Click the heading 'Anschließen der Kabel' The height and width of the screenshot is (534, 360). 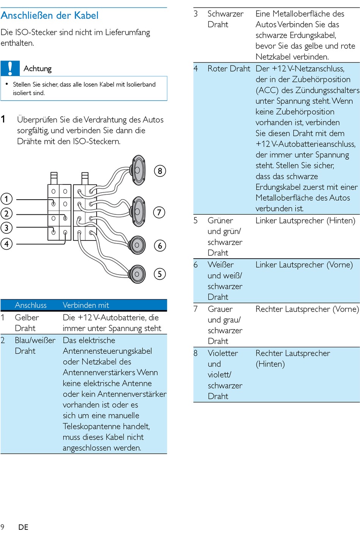coord(49,16)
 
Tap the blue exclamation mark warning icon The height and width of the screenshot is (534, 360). coord(10,69)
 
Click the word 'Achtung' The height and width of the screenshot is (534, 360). coord(38,69)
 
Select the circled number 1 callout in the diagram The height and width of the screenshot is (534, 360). coord(6,199)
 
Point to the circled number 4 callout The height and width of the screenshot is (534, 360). coord(6,244)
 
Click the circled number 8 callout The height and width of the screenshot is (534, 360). coord(160,171)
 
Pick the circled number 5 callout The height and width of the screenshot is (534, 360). coord(160,274)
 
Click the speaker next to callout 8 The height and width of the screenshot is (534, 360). coord(138,170)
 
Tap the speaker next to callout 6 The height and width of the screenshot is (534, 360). coord(137,245)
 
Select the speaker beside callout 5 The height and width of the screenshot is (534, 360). coord(137,274)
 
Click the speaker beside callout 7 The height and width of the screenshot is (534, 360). coord(138,211)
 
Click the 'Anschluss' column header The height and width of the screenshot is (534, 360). coord(31,305)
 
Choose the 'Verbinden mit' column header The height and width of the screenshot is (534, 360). coord(86,305)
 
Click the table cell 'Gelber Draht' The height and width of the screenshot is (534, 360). coord(27,323)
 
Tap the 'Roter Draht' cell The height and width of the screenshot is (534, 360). coord(229,69)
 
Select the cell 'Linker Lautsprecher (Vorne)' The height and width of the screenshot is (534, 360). coord(304,265)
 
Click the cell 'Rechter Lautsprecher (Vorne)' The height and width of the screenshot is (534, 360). coord(307,309)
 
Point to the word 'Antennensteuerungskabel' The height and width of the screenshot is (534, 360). coord(107,351)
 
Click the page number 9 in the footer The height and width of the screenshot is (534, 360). coord(2,527)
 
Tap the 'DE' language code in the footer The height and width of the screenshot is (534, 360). coord(23,527)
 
